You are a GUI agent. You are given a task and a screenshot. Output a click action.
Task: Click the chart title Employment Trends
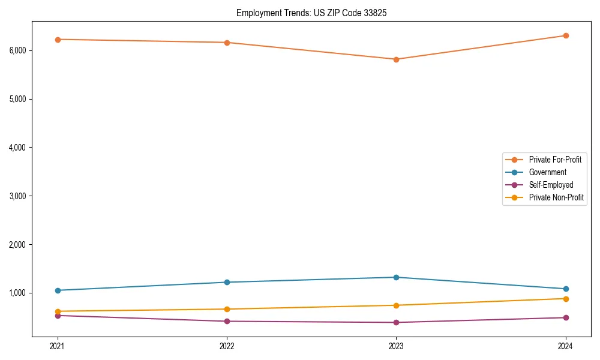point(307,13)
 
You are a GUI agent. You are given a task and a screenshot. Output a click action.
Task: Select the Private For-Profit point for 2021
point(58,40)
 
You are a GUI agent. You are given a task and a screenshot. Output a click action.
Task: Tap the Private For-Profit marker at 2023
point(396,59)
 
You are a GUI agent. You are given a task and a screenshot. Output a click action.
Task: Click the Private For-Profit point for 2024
point(565,35)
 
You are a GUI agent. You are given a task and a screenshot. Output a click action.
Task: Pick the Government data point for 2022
point(227,282)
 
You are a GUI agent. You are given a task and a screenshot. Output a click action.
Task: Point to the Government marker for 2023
point(396,277)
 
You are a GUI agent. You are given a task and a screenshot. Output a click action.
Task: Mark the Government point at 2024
point(565,289)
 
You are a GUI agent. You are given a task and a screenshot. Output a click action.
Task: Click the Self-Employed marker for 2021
point(58,316)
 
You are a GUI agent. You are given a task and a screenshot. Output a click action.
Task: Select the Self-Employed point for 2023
point(396,322)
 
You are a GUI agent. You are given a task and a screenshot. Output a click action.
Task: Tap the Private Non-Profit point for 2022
point(227,309)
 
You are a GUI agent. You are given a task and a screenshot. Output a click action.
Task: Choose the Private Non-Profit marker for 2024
point(565,299)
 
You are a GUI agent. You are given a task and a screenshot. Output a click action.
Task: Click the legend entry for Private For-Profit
point(554,160)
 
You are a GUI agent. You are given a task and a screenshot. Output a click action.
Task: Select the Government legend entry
point(547,172)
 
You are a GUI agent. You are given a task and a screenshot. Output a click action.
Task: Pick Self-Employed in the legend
point(551,185)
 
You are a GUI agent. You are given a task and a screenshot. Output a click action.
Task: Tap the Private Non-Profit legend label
point(556,197)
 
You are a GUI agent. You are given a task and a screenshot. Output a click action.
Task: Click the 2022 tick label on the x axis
point(227,346)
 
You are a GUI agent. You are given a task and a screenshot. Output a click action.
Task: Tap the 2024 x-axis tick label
point(565,346)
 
